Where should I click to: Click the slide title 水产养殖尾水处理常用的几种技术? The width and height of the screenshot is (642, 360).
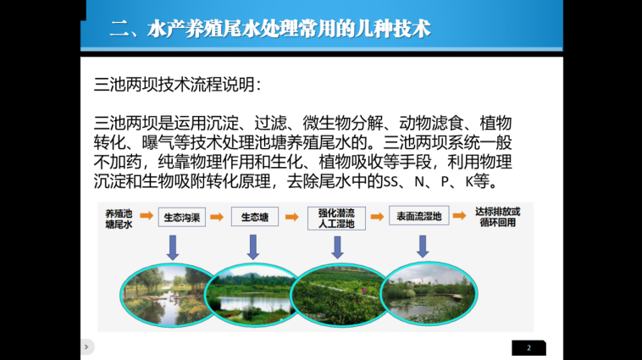(x=270, y=29)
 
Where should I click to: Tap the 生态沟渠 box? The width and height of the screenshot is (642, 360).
(x=182, y=217)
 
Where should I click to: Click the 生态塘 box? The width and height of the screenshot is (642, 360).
(x=255, y=217)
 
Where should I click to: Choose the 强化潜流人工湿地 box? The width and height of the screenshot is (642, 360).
(x=336, y=219)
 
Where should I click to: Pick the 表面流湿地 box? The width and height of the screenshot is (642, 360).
(x=419, y=216)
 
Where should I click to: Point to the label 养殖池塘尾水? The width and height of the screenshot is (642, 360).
(x=119, y=219)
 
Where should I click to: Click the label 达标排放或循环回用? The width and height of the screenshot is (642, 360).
(x=497, y=217)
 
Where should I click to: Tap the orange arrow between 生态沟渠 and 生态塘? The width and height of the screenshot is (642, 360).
(x=217, y=217)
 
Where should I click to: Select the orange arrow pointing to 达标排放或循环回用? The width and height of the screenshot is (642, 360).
(x=459, y=215)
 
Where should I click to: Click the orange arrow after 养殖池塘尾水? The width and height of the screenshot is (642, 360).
(x=147, y=215)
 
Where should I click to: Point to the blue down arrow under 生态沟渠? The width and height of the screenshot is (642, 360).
(x=173, y=247)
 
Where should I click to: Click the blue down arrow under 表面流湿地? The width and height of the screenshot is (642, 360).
(x=423, y=246)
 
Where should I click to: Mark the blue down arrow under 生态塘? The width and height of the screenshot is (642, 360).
(x=253, y=247)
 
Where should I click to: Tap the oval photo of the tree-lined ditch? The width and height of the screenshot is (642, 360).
(x=167, y=295)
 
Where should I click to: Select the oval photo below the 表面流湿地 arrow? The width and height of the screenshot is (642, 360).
(x=429, y=293)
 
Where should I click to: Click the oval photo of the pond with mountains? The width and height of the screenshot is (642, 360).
(x=252, y=295)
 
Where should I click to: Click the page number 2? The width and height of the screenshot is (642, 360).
(x=529, y=347)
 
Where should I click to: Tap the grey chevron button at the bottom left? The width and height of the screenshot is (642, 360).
(x=86, y=347)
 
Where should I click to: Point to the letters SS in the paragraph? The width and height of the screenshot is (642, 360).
(x=391, y=181)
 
